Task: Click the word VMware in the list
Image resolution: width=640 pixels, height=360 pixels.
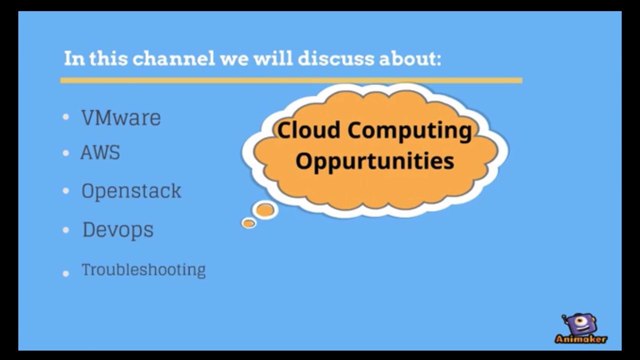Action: tap(121, 118)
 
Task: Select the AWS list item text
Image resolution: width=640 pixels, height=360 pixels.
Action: tap(100, 152)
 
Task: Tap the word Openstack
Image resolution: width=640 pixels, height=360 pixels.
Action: tap(131, 191)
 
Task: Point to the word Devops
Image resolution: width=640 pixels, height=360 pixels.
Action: tap(117, 230)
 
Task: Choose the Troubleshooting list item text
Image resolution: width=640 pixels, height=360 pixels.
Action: tap(143, 270)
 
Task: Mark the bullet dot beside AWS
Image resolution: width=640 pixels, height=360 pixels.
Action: tap(66, 153)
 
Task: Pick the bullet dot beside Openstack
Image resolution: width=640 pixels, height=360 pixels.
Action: tap(66, 191)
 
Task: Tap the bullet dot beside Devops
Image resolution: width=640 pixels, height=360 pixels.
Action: tap(66, 230)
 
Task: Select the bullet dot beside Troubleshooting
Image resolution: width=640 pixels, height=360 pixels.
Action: tap(66, 273)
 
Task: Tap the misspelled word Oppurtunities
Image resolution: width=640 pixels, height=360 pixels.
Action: tap(374, 161)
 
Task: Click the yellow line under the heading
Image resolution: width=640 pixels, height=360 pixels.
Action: tap(291, 80)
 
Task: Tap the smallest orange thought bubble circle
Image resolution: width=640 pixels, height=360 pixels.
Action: tap(248, 223)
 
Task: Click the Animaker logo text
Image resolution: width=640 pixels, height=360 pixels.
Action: tap(580, 339)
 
